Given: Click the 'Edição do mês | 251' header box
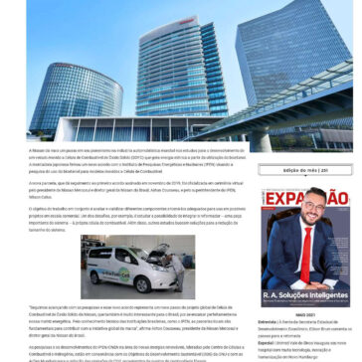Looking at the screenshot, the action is pos(297,171).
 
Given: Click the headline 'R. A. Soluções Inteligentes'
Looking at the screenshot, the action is pos(302,295).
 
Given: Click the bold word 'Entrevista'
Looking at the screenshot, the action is pos(267,322).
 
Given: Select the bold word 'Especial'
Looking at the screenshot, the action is pos(266,341).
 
